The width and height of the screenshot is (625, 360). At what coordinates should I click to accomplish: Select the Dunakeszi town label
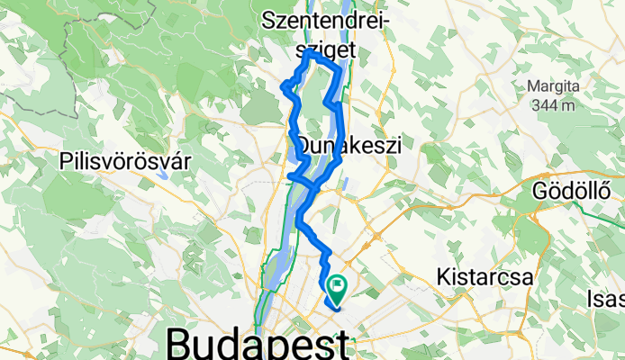pos(349,145)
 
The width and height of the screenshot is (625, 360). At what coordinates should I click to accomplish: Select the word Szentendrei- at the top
pos(324,19)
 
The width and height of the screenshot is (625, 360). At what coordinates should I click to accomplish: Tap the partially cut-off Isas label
pos(605,297)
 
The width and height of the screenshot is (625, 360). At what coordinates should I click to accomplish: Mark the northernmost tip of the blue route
pos(311,52)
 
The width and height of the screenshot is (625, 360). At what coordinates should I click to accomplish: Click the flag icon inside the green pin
pos(339,285)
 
